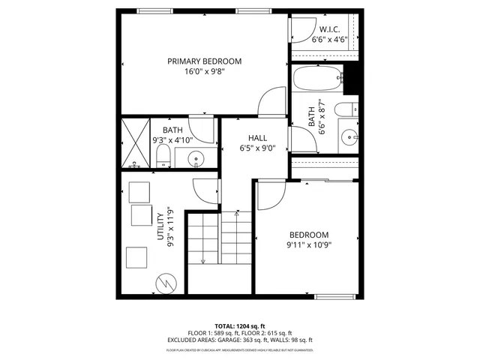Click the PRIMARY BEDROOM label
coord(204,61)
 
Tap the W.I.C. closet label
coord(329,30)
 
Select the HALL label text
coord(258,138)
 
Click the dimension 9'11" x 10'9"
coord(308,244)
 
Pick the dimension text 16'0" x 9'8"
coord(204,72)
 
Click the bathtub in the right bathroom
coord(319,79)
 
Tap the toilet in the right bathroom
coord(346,111)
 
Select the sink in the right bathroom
coord(349,137)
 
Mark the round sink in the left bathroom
coord(196,158)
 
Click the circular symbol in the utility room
coord(165,283)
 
